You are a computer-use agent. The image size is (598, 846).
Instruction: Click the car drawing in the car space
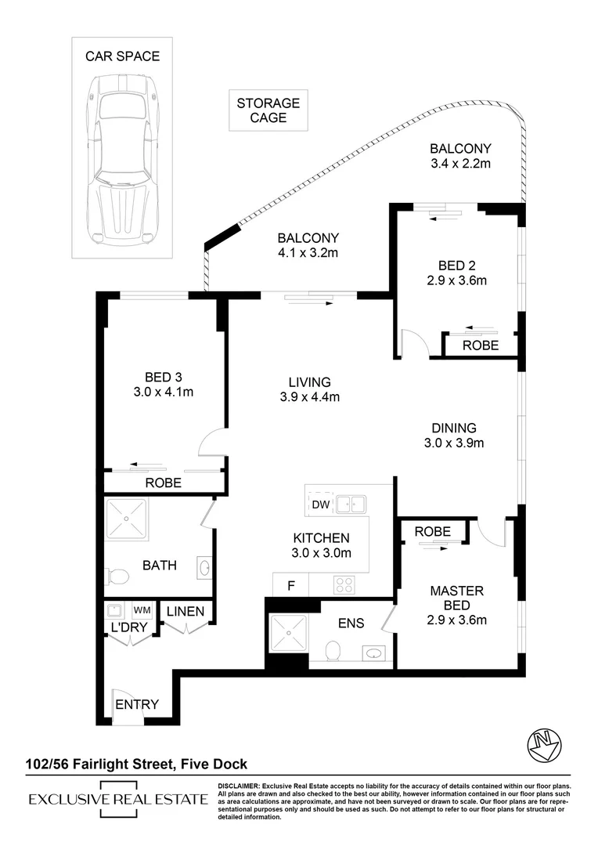pos(122,160)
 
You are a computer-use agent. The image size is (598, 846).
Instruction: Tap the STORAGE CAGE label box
pos(268,110)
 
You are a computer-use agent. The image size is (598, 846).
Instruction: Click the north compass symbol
pos(544,747)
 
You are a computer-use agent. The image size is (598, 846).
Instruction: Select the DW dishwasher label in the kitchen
pos(321,504)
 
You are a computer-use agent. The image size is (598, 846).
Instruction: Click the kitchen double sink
pos(351,504)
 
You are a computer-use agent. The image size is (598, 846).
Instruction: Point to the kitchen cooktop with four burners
pos(344,585)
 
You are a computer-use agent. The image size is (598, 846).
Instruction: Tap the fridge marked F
pos(290,585)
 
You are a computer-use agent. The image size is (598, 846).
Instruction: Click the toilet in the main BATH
pos(117,577)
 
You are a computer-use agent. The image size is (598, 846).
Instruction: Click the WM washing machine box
pos(142,610)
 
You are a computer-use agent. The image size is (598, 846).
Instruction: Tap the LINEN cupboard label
pos(186,611)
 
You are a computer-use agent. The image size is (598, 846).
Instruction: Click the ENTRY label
pos(137,704)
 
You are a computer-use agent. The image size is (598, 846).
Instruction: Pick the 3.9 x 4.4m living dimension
pos(309,397)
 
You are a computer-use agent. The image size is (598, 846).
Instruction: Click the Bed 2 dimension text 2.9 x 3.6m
pos(457,280)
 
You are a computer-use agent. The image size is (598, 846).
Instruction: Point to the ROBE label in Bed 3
pos(164,483)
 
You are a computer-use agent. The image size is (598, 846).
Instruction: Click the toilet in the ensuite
pos(333,650)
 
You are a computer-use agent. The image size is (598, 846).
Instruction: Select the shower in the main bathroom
pos(127,519)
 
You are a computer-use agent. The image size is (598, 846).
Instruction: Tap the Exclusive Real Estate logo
pos(119,799)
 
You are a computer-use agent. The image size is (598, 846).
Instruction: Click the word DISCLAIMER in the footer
pos(239,786)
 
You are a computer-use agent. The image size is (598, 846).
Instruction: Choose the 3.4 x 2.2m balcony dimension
pos(460,164)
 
